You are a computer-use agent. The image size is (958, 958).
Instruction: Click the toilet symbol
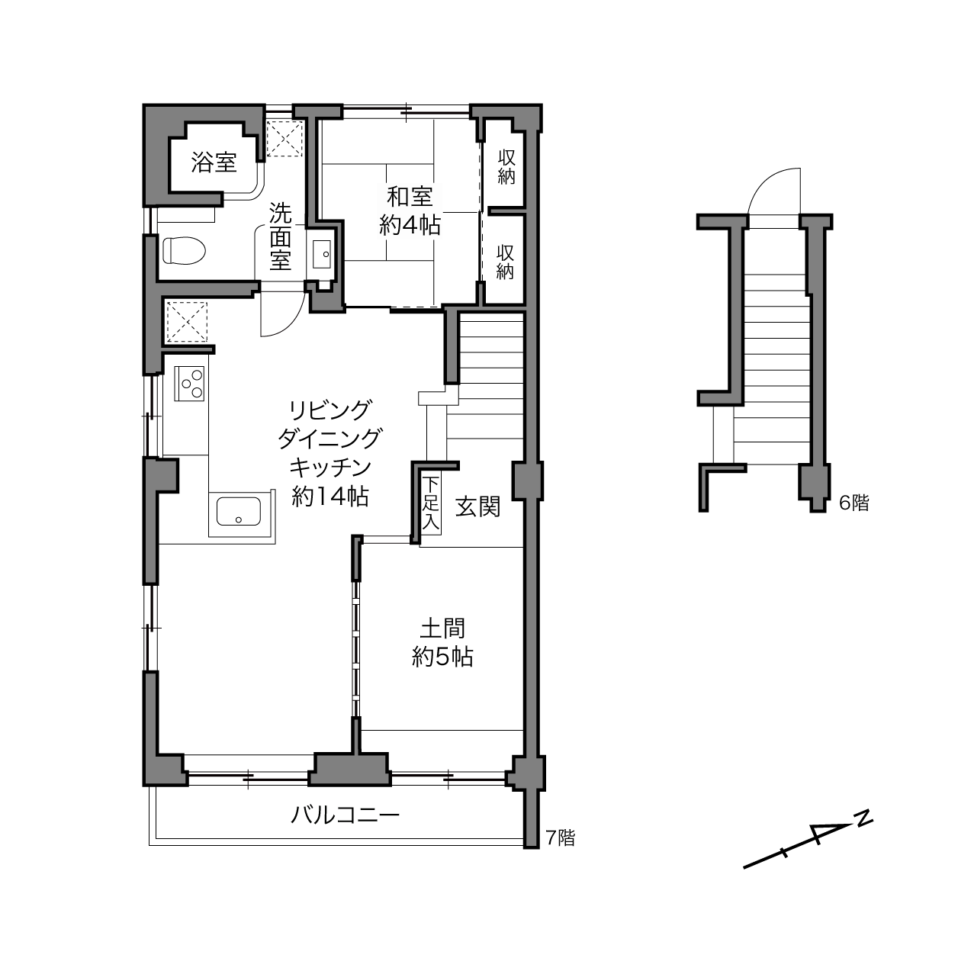tap(184, 249)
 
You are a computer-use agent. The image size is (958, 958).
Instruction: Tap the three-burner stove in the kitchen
tap(189, 384)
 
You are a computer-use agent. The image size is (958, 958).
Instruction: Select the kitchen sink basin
tap(239, 511)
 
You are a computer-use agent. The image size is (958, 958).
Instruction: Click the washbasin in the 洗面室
tap(322, 253)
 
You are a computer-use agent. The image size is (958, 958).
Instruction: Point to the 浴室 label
tap(214, 162)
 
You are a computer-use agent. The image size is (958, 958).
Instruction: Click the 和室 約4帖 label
tap(410, 211)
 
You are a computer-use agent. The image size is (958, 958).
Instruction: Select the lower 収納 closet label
tap(505, 262)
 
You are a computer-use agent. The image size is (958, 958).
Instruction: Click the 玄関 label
tap(477, 507)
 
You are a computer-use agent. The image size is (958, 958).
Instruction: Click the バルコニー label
tap(345, 815)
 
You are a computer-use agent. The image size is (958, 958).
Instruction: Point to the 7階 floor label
tap(561, 837)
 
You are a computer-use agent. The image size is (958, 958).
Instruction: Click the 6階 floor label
tap(854, 503)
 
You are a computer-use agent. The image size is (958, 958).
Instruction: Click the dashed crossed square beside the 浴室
tap(285, 139)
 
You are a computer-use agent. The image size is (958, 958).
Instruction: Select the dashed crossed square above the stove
tap(186, 322)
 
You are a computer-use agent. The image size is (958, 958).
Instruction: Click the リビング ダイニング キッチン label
tap(330, 453)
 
